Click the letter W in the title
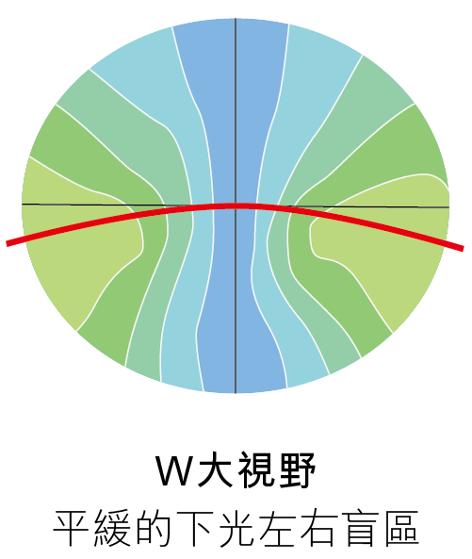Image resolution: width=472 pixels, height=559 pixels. [x=175, y=470]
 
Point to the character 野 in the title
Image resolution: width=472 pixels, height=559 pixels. [x=297, y=469]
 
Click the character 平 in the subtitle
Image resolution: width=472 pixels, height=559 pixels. [x=71, y=528]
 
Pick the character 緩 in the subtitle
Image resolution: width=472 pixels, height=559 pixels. [x=112, y=528]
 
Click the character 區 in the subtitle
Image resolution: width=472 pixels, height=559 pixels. [x=401, y=529]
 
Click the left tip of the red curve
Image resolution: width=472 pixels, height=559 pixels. [x=8, y=244]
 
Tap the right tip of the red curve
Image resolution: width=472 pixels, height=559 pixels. [x=463, y=249]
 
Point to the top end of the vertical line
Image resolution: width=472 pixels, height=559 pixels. [x=236, y=18]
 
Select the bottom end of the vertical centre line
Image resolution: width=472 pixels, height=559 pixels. [x=236, y=393]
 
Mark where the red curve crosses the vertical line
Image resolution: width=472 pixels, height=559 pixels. [x=236, y=206]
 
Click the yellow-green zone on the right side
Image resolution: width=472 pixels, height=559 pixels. [x=378, y=232]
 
